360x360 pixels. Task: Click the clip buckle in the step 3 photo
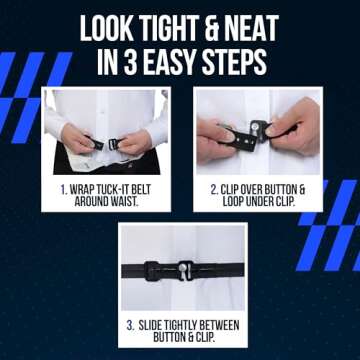click(x=181, y=267)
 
